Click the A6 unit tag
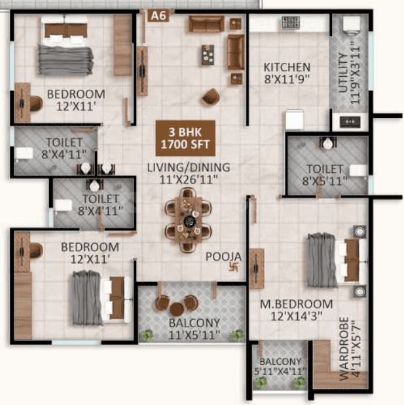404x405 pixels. point(158,16)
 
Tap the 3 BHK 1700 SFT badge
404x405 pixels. point(185,138)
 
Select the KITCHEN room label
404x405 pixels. point(287,67)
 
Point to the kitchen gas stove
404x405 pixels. point(291,22)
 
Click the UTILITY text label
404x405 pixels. point(343,73)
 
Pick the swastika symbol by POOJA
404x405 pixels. point(234,267)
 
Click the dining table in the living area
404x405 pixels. point(188,220)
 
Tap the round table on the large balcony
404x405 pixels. point(177,309)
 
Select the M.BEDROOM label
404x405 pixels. point(297,304)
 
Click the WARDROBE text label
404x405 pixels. point(344,349)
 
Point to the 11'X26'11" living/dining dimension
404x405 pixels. point(189,180)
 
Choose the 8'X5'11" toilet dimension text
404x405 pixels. point(325,181)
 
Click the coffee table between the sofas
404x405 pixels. point(208,55)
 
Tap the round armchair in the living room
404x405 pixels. point(211,96)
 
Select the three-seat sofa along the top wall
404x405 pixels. point(206,24)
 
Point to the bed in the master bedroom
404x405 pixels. point(336,260)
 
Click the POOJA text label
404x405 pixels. point(223,256)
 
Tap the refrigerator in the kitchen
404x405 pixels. point(295,119)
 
